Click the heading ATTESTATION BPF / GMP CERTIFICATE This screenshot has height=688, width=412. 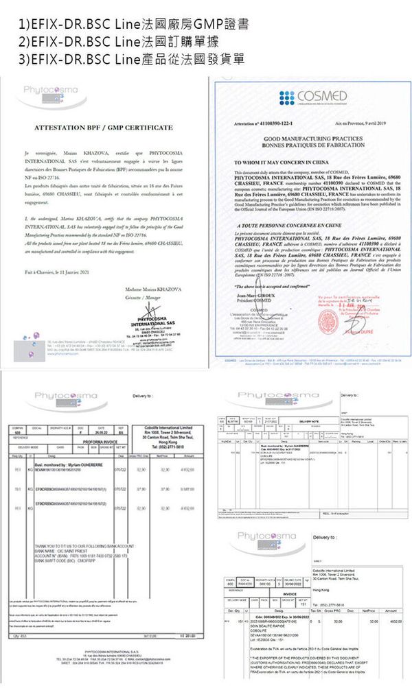click(x=103, y=128)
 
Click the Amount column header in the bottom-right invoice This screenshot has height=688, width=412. click(x=391, y=610)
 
